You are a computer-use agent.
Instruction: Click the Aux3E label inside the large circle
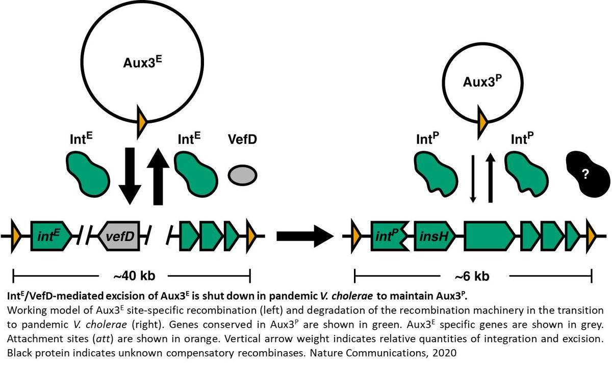point(142,62)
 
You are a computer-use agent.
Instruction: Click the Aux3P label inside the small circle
point(482,81)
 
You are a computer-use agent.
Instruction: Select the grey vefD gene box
point(119,236)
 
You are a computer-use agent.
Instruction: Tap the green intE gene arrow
point(51,236)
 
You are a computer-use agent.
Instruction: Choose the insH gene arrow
point(435,236)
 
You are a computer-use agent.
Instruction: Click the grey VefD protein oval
point(242,175)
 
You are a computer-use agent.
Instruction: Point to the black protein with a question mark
point(588,174)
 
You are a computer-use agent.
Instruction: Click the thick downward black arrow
point(130,176)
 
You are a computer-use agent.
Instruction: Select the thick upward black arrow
point(158,176)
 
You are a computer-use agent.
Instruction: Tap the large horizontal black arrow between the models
point(305,236)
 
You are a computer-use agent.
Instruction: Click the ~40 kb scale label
point(135,276)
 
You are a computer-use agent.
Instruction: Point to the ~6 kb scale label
point(472,276)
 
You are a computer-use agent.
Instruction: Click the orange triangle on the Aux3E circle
point(142,122)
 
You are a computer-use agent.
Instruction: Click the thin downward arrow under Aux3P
point(473,179)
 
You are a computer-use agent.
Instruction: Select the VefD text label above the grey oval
point(242,139)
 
